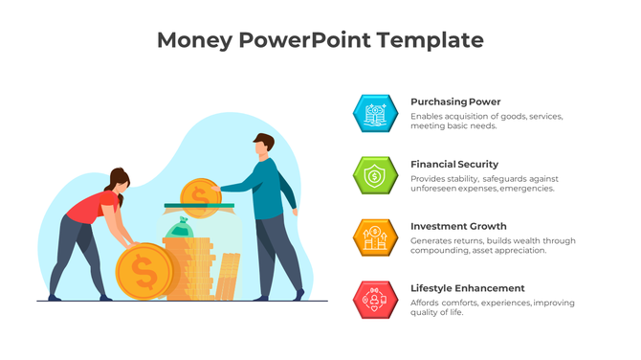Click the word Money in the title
click(189, 40)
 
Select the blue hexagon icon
click(374, 113)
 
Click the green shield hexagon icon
click(374, 175)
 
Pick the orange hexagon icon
click(374, 237)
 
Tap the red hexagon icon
click(374, 300)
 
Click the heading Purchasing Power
click(455, 101)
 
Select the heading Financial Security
click(454, 164)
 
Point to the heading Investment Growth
click(458, 226)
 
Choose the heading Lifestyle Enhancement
click(468, 288)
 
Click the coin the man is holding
click(201, 193)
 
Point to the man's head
click(265, 146)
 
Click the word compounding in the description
click(441, 251)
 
